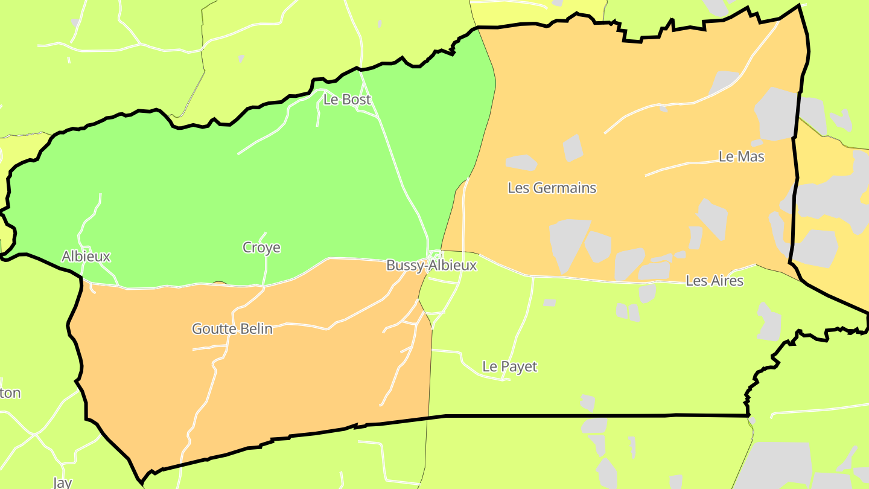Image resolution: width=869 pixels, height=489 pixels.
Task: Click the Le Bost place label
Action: (x=347, y=100)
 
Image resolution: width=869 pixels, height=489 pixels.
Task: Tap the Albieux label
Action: (x=86, y=257)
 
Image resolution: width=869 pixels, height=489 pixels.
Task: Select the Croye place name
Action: (x=261, y=248)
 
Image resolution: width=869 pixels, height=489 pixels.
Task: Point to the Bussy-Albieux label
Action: (x=431, y=266)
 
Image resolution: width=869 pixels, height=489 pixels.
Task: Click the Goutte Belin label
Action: (x=232, y=329)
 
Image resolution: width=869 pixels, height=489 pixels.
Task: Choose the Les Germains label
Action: (x=552, y=188)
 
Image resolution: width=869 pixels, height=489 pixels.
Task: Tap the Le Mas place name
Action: (x=741, y=157)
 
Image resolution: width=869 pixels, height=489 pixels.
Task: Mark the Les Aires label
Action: (x=715, y=281)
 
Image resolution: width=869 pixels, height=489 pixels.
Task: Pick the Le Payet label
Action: (x=509, y=366)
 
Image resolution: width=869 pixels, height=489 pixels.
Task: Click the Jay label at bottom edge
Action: (x=62, y=482)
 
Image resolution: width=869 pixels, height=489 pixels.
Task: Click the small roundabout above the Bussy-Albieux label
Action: (x=435, y=255)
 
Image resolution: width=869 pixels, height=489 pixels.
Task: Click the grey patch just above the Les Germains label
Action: (x=521, y=162)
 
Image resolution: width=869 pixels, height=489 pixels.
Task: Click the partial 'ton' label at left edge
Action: (x=10, y=394)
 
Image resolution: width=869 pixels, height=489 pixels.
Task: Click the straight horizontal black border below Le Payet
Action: (x=591, y=415)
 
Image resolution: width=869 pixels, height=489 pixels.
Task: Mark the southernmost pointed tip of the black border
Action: (x=142, y=483)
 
